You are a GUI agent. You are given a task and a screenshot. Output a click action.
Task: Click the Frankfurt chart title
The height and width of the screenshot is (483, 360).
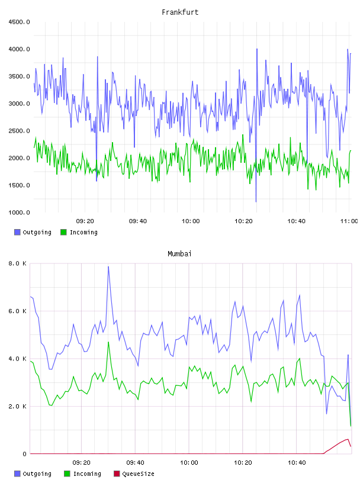coord(180,12)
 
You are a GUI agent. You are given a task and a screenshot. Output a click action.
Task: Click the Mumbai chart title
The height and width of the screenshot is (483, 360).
coord(179,254)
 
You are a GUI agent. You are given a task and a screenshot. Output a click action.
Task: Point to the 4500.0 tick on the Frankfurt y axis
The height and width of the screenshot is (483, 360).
coord(19,22)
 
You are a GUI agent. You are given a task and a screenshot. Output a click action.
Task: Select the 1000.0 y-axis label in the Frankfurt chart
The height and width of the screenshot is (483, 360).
coord(19,212)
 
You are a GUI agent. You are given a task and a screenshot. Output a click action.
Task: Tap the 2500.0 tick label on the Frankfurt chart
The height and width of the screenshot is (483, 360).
coord(19,131)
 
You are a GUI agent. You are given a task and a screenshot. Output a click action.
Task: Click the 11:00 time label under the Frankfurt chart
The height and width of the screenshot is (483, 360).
coord(349,221)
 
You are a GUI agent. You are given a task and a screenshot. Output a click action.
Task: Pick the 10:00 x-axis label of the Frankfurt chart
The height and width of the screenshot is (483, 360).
coord(191,221)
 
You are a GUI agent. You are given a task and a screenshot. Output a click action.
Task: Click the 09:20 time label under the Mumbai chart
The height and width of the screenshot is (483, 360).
coord(81,463)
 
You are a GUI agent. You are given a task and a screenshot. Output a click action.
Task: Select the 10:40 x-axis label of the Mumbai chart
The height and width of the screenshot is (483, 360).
coord(297,463)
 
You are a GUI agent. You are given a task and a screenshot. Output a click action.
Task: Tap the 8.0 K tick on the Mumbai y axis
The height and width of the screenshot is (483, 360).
coord(18,263)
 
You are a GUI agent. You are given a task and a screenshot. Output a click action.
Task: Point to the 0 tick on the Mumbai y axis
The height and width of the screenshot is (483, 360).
coord(24,454)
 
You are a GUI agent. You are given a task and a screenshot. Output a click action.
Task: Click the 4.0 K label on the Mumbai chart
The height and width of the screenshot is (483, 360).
coord(18,359)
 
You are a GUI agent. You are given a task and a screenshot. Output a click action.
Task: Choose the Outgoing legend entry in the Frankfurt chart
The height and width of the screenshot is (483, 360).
coord(33,232)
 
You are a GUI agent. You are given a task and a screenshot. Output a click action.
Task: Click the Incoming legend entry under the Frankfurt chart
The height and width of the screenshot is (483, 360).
coord(79,232)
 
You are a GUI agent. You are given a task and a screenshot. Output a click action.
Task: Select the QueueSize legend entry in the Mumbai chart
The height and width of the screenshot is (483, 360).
coord(134,474)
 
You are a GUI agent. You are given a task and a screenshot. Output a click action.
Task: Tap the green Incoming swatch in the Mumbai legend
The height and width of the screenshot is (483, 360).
coord(67,474)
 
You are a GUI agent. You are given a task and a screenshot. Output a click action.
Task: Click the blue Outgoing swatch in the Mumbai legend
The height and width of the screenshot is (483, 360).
coord(17,474)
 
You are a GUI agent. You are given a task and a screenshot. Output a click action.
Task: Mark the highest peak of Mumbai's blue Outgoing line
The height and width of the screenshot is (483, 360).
coord(108,267)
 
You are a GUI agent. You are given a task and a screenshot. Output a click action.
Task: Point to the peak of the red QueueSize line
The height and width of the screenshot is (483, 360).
coord(348,439)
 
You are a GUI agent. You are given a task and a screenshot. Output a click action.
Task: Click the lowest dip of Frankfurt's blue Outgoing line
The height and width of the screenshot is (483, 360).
coord(256,202)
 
